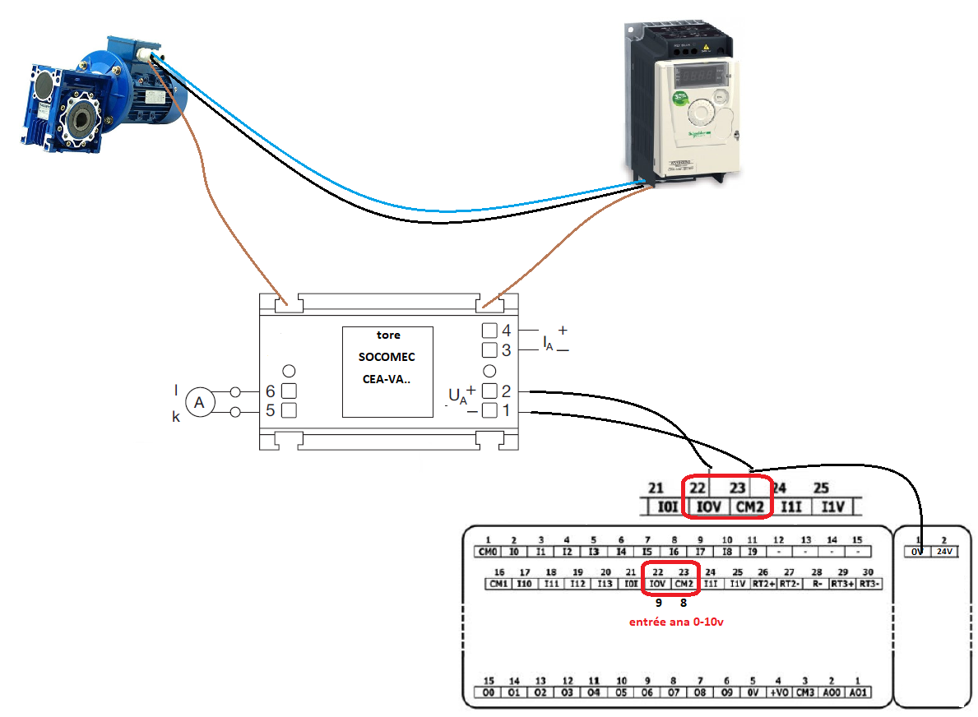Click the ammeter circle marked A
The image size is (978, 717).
(x=198, y=402)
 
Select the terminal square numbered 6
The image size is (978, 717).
(x=290, y=391)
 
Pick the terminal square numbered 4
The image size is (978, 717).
(x=489, y=331)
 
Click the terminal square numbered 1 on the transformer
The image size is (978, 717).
(x=489, y=410)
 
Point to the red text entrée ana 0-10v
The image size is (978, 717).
(x=675, y=622)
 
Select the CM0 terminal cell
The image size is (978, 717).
(x=488, y=551)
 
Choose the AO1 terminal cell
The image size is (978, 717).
(x=858, y=692)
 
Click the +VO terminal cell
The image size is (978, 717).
(x=778, y=692)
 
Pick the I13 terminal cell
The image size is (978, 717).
(x=604, y=583)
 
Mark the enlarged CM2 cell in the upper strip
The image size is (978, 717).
(x=750, y=507)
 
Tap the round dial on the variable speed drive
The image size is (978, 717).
(x=701, y=112)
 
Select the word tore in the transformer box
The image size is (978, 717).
(x=387, y=335)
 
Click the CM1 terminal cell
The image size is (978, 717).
(x=498, y=583)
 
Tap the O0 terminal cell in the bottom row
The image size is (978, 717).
(x=489, y=692)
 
